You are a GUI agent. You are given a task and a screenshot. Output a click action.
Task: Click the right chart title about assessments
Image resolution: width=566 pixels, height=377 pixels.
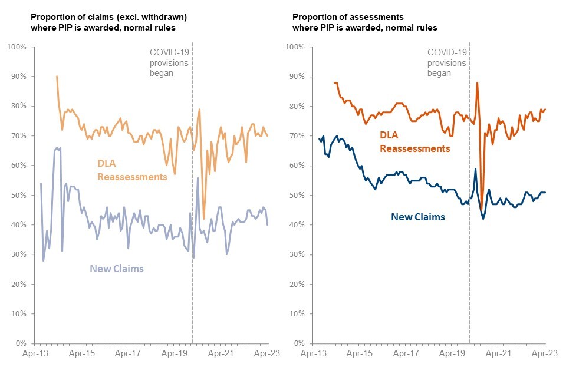pyautogui.click(x=365, y=22)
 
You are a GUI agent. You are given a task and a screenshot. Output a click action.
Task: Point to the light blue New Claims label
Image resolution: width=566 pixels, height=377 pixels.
pyautogui.click(x=117, y=269)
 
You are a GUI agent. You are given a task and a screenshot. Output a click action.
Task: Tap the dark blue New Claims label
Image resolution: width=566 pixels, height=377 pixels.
pyautogui.click(x=418, y=217)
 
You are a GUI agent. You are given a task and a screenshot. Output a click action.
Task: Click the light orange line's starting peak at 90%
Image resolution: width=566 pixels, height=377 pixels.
pyautogui.click(x=57, y=77)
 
